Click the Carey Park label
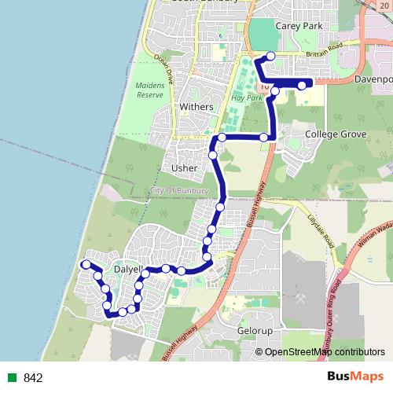coord(295,26)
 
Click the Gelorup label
coord(255,332)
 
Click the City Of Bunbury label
coord(180,190)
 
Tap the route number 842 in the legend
coord(33,378)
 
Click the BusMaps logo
coord(354,376)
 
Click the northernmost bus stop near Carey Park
coord(270,56)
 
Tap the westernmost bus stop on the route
coord(85,264)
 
